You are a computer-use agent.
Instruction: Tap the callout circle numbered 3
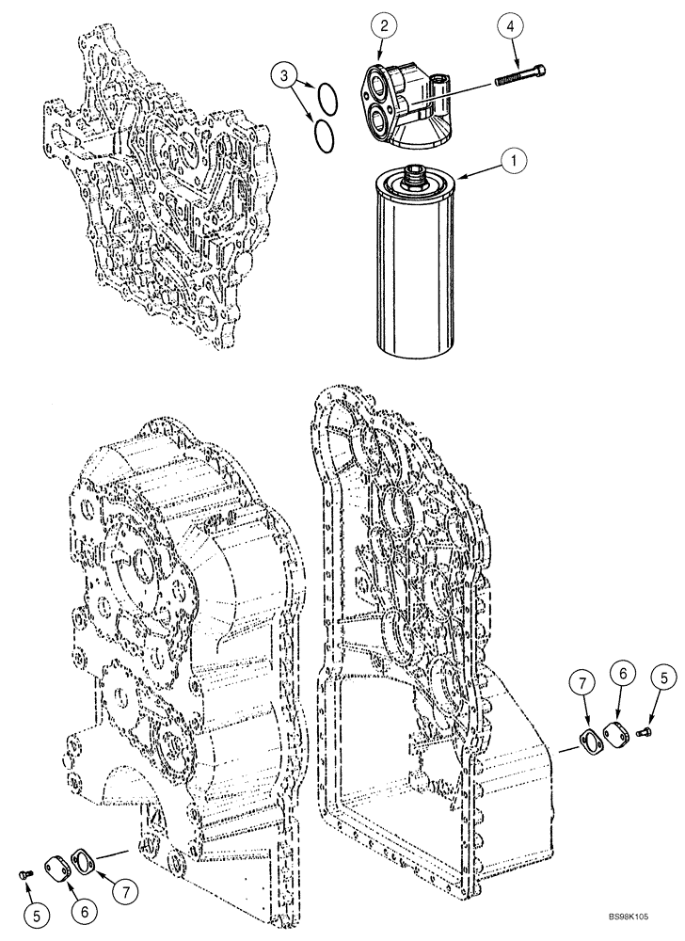point(284,75)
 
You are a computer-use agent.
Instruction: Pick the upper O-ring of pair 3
point(326,95)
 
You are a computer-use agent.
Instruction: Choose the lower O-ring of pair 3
point(322,134)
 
